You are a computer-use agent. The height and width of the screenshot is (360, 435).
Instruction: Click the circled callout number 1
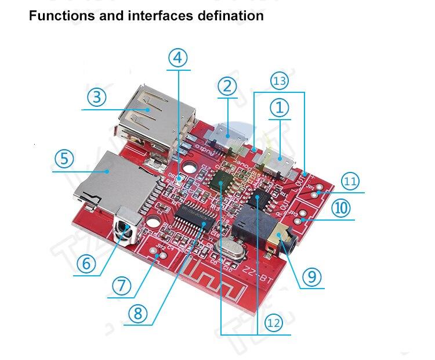pos(280,107)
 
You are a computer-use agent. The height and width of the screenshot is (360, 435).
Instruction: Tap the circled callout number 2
pos(227,86)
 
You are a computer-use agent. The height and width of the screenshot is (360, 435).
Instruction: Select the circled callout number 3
pos(97,96)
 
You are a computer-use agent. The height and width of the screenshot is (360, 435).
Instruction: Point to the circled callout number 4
pos(179,57)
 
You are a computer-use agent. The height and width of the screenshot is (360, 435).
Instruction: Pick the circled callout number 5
pos(64,158)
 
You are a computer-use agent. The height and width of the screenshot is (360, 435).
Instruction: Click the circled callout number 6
pos(86,263)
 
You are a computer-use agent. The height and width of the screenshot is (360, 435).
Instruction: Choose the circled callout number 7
pos(120,285)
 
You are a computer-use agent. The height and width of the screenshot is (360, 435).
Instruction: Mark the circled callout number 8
pos(137,313)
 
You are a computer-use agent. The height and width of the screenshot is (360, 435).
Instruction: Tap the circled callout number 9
pos(311,277)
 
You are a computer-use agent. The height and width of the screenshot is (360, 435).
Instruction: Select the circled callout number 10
pos(342,208)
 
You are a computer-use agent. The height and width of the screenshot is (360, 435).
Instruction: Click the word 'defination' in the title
pos(228,16)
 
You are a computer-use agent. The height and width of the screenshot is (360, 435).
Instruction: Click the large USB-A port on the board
pos(148,113)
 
